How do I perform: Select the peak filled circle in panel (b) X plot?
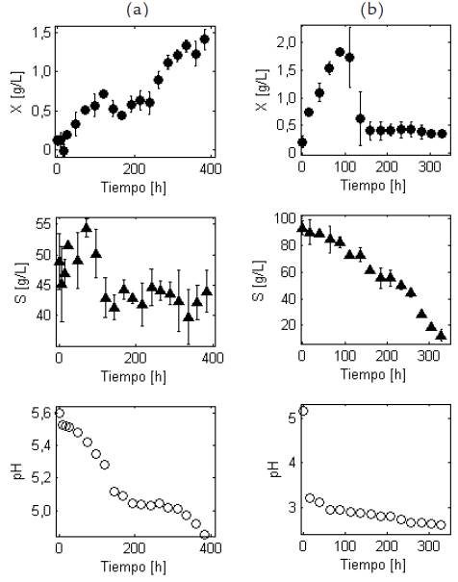tap(340, 52)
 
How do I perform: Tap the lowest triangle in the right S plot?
tap(441, 335)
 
